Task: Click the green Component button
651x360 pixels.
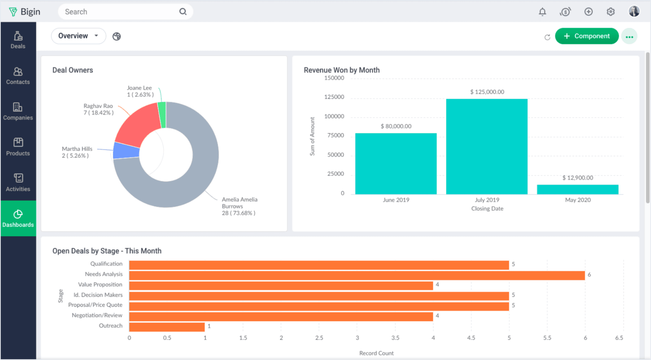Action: pos(586,36)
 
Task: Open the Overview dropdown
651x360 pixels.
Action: pos(78,36)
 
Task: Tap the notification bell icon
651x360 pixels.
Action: pos(542,12)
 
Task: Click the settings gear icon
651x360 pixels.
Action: pos(610,12)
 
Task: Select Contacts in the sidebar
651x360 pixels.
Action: pos(18,76)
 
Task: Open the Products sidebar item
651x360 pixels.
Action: pos(18,147)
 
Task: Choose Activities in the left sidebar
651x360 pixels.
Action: pos(18,183)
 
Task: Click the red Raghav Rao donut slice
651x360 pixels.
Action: pos(138,122)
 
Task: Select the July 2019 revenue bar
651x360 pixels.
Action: pos(487,146)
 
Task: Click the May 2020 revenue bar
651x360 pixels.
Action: pos(577,190)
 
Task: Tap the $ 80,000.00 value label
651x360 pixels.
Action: pos(396,126)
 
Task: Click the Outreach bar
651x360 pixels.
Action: pos(167,327)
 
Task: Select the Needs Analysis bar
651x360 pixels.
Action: pos(356,275)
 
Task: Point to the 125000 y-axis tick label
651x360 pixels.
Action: pos(334,97)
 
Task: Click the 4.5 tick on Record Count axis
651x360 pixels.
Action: pos(471,338)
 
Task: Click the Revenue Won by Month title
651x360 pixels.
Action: pos(341,70)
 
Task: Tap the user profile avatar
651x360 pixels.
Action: pos(634,11)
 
